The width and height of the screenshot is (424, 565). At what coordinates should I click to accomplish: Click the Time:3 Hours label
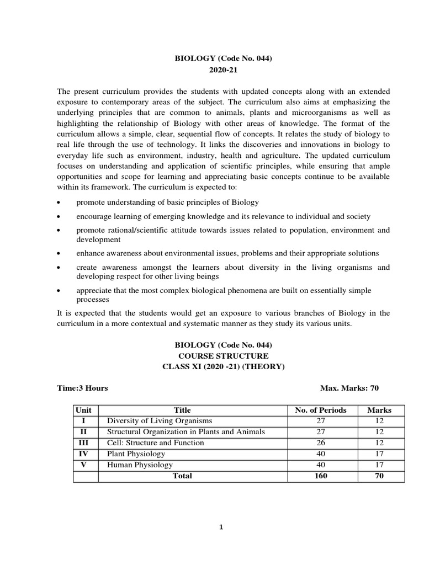click(82, 388)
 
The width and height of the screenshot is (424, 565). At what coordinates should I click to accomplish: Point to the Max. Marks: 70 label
click(349, 388)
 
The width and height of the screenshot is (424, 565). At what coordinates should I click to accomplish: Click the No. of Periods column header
click(321, 410)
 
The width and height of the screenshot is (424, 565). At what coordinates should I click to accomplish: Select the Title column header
click(182, 410)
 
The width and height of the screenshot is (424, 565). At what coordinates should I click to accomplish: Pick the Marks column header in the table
click(379, 410)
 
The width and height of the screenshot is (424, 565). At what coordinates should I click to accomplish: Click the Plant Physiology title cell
click(136, 454)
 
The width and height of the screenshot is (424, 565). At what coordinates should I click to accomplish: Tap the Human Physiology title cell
click(139, 465)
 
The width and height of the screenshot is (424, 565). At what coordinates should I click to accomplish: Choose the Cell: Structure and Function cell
click(155, 443)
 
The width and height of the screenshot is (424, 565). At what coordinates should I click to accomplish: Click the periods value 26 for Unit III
click(321, 443)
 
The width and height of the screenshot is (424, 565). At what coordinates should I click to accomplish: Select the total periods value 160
click(321, 476)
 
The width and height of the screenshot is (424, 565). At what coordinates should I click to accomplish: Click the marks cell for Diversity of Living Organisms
click(379, 420)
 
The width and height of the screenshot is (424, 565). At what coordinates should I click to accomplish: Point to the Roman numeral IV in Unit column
click(86, 454)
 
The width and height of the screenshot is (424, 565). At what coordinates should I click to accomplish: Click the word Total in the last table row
click(182, 476)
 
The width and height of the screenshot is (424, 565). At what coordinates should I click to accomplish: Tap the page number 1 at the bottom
click(221, 527)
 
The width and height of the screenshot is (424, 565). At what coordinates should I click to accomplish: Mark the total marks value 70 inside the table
click(379, 476)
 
